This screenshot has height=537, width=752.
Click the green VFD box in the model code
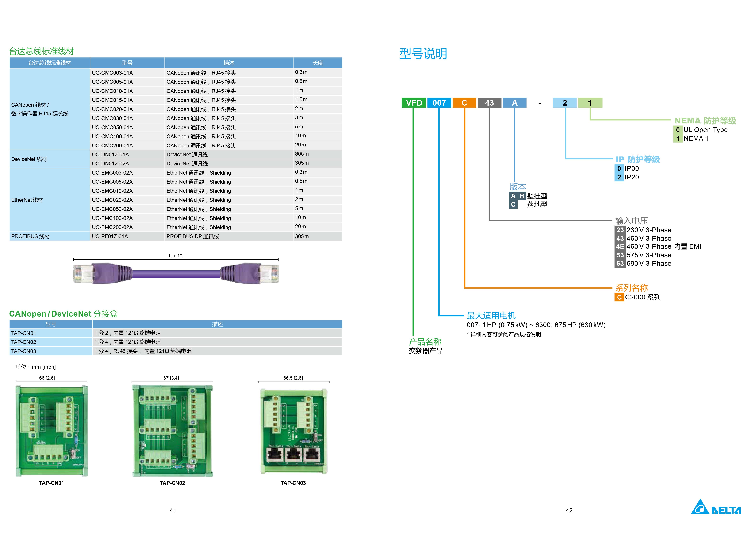click(413, 103)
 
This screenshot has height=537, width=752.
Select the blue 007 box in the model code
click(439, 103)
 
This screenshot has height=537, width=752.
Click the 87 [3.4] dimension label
click(171, 378)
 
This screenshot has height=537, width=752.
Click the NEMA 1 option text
click(696, 138)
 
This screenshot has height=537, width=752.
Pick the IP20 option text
click(632, 177)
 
